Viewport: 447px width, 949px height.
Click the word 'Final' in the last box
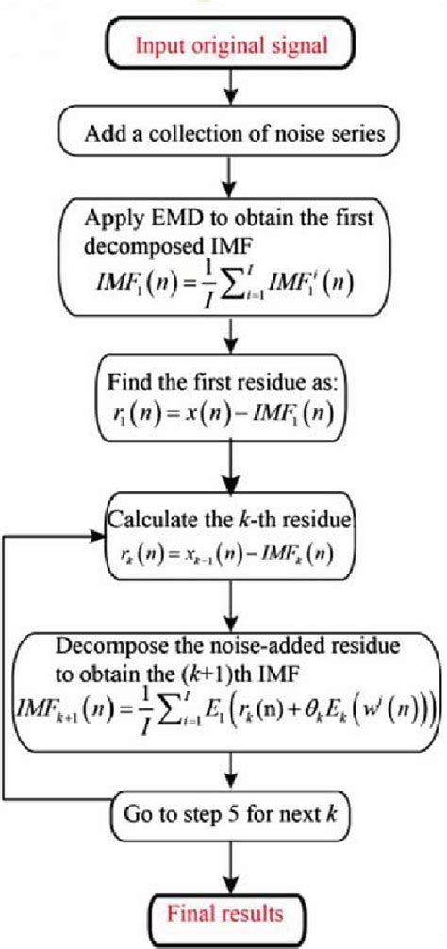[x=192, y=914]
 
